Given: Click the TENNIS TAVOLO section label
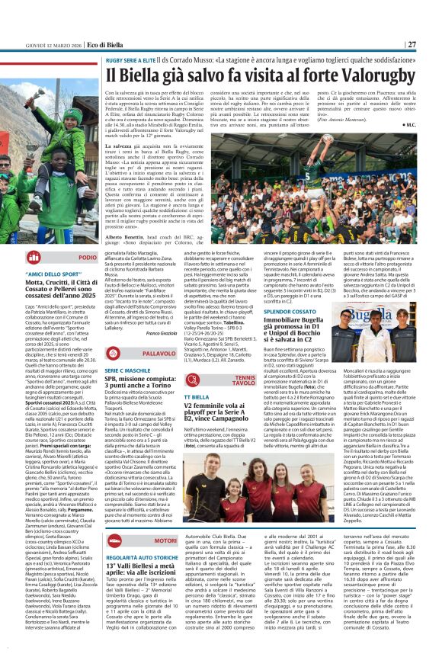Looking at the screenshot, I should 245,379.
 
